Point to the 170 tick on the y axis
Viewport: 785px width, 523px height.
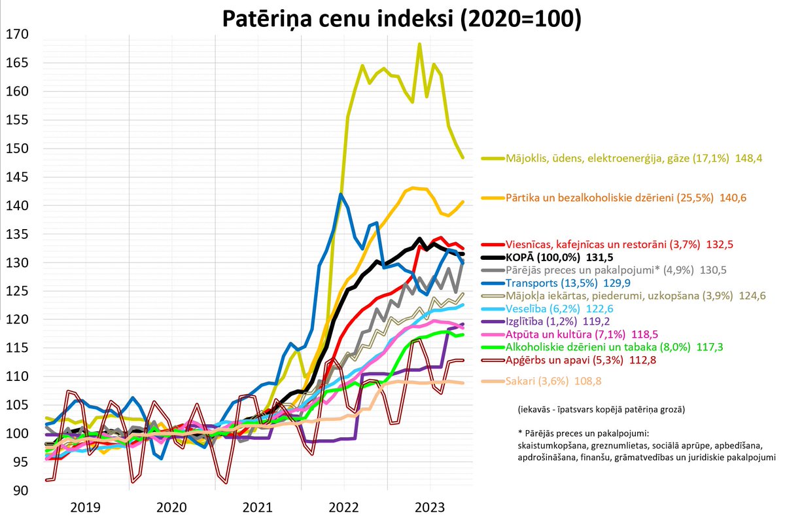(x=18, y=35)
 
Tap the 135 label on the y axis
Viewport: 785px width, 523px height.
(x=18, y=234)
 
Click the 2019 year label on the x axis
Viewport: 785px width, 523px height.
(x=86, y=507)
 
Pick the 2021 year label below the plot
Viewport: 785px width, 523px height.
(x=258, y=507)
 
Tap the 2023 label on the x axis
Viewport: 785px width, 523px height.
(x=430, y=507)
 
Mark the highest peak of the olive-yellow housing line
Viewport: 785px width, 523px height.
(x=419, y=44)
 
